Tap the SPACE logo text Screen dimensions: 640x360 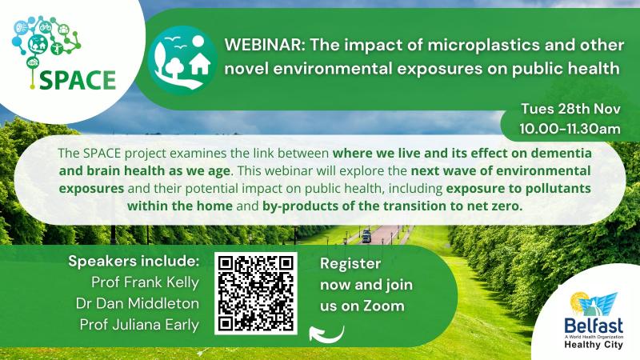[x=78, y=80]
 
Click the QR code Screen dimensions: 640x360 [x=256, y=294]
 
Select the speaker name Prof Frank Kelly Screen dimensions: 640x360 [x=145, y=282]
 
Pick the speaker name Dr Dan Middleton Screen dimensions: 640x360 [x=137, y=303]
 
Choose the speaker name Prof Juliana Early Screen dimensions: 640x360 [x=139, y=325]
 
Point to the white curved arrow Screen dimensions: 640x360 [x=326, y=334]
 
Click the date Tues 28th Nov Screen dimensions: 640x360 [x=570, y=109]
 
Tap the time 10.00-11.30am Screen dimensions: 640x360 [x=570, y=129]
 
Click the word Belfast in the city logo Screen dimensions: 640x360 [x=594, y=326]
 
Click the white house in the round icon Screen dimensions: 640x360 [x=200, y=63]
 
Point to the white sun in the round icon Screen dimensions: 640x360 [x=198, y=42]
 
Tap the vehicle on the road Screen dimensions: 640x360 [x=366, y=236]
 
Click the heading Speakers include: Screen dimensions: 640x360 [x=134, y=261]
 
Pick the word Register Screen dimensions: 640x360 [x=350, y=264]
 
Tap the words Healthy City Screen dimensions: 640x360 [x=594, y=345]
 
